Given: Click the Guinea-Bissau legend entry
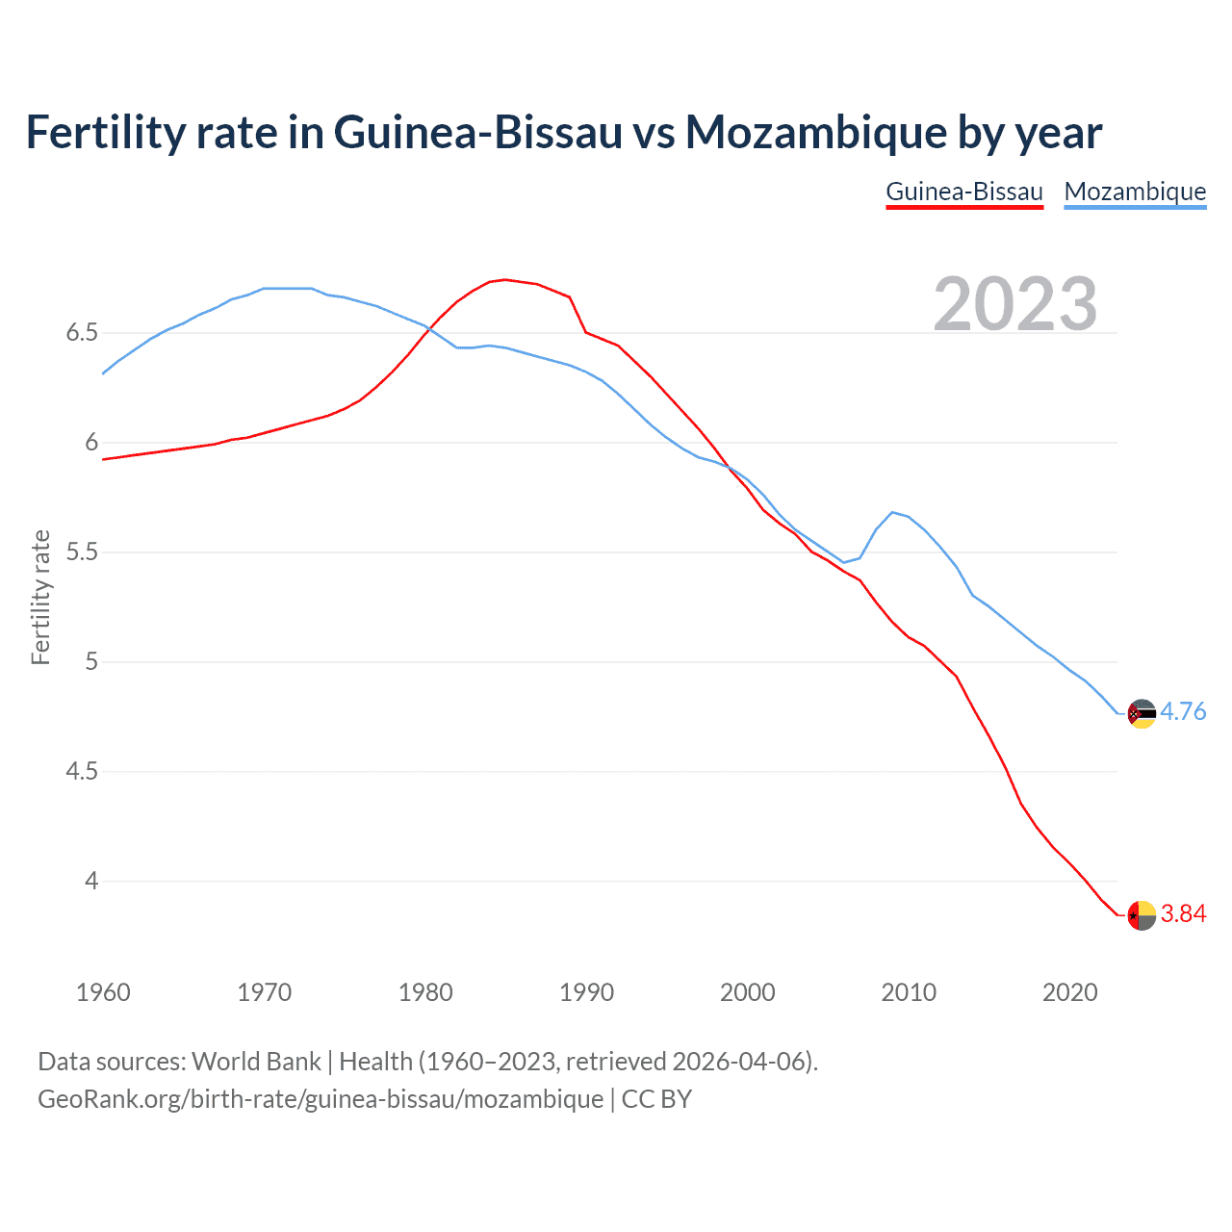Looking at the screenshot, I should point(964,192).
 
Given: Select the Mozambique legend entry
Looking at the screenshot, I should point(1135,192).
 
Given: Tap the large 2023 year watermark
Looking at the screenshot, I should point(1015,304).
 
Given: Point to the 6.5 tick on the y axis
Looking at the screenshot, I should point(82,333).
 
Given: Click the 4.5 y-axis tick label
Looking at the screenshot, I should point(82,772).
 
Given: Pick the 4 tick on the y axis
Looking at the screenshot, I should point(91,882).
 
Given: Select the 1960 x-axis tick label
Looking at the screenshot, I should point(103,992).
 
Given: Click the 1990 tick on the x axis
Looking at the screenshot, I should point(586,992).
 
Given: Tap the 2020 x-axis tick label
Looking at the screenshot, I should point(1069,992).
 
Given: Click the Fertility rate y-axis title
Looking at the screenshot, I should point(40,597).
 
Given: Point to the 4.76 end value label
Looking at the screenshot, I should point(1183,711).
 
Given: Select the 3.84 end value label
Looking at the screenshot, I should point(1183,913).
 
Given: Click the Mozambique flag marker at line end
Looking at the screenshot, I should point(1142,713).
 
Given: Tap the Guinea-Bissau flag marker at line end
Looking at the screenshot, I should point(1142,915).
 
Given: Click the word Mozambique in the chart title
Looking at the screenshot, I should point(814,132).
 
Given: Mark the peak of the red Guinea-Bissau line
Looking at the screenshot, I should point(505,280).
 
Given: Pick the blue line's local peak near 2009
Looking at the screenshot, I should point(892,512).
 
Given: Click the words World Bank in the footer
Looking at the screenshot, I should point(256,1062).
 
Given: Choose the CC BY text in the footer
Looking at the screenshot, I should point(656,1099).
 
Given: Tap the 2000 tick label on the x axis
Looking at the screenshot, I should point(747,992).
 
